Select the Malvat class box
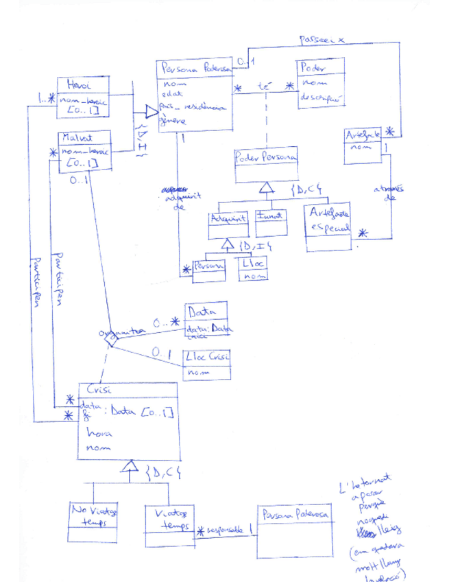(x=84, y=149)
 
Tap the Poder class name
(x=311, y=67)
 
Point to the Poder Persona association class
(x=267, y=165)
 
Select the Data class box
(x=206, y=321)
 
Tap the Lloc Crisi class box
(x=206, y=364)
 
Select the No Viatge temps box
(x=94, y=522)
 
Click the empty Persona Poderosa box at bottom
(x=295, y=532)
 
